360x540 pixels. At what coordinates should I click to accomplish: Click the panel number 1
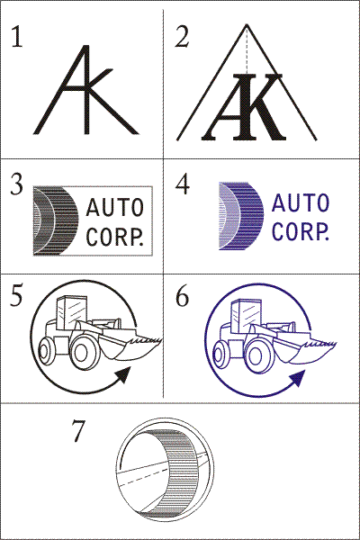tap(17, 37)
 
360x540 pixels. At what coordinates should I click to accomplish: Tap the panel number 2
tap(182, 37)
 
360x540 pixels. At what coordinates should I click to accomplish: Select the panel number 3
tap(16, 184)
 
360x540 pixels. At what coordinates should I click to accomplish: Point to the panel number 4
tap(182, 184)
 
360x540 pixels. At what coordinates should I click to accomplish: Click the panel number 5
tap(16, 295)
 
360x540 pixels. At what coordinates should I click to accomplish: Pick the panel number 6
tap(182, 295)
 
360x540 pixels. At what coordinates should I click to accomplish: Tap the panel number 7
tap(78, 430)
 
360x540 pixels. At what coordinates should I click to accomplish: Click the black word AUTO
tap(114, 207)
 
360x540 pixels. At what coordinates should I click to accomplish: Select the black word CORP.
tap(114, 237)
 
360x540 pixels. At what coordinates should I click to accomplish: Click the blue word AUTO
tap(301, 202)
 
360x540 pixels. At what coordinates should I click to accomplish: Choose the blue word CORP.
tap(301, 231)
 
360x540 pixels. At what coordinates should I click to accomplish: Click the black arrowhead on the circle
tap(124, 374)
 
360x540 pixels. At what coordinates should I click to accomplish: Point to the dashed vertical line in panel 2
tap(247, 49)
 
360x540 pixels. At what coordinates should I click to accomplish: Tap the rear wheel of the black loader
tap(46, 351)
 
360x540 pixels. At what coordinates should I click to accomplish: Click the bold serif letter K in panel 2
tap(258, 107)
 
